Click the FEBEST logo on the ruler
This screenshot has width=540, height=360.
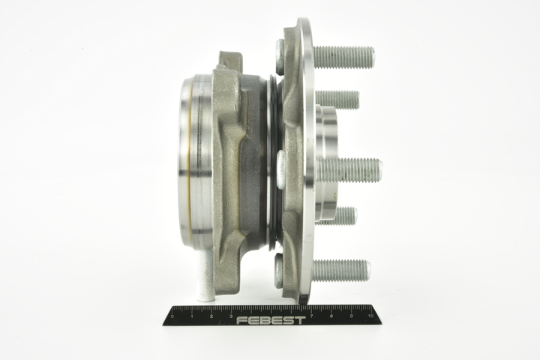pyautogui.click(x=271, y=320)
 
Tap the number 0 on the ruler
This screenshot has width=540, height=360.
pyautogui.click(x=172, y=316)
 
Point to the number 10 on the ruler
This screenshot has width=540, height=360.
pyautogui.click(x=371, y=316)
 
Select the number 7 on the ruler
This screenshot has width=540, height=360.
pyautogui.click(x=311, y=316)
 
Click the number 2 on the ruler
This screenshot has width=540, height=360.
pyautogui.click(x=211, y=316)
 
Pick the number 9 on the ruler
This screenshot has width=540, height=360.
pyautogui.click(x=351, y=316)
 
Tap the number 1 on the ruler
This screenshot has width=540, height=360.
pyautogui.click(x=192, y=316)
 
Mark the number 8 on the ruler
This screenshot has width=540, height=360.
pyautogui.click(x=331, y=316)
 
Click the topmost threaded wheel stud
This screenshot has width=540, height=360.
pyautogui.click(x=344, y=57)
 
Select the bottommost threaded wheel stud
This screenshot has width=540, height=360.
pyautogui.click(x=342, y=271)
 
